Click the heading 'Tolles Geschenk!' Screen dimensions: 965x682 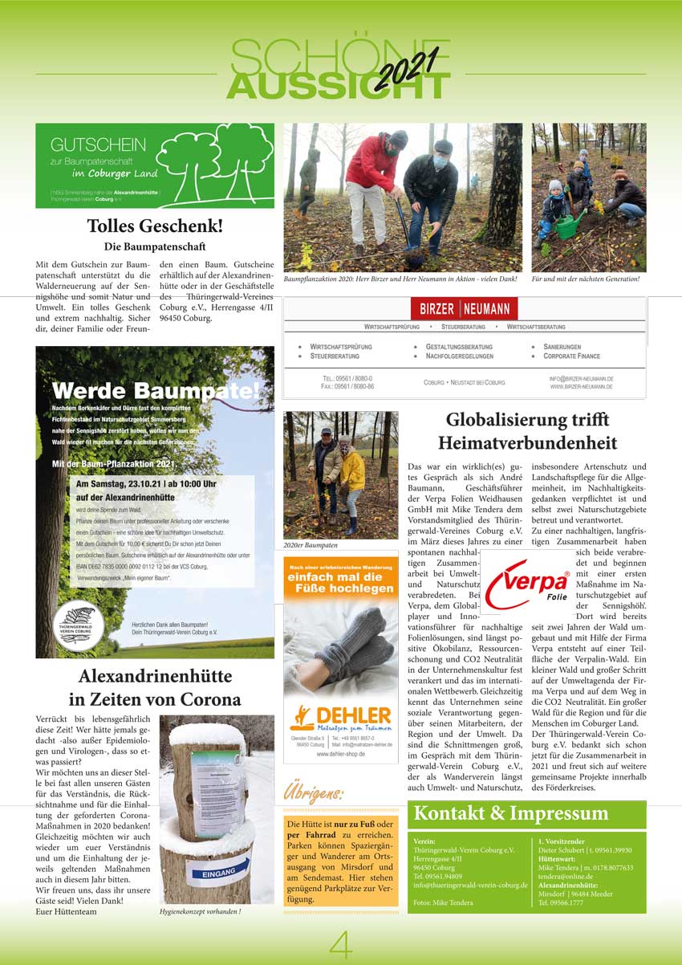pos(155,226)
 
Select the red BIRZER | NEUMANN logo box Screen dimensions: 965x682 pos(465,309)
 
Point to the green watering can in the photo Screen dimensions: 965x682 pos(568,224)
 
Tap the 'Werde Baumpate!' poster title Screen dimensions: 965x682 pos(155,391)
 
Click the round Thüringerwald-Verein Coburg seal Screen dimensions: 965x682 pos(79,622)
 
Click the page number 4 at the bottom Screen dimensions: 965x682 pos(340,946)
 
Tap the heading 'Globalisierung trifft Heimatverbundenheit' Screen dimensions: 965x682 pos(527,431)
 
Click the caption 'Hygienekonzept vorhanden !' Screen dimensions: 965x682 pos(201,912)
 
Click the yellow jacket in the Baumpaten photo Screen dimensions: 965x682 pos(352,470)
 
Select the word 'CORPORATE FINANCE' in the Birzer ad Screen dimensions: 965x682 pos(570,356)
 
